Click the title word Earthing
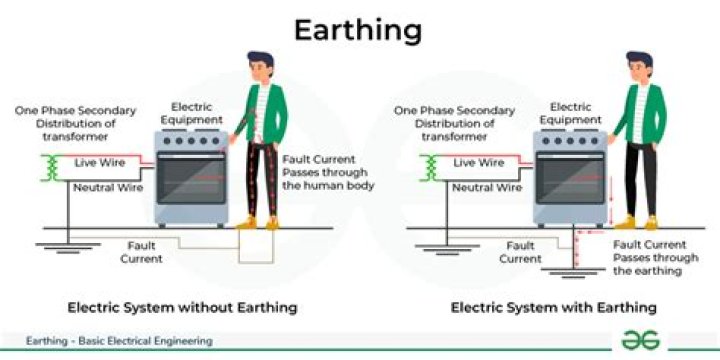[357, 30]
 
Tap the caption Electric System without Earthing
[182, 307]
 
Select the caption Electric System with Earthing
[553, 307]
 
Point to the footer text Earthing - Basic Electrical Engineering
[120, 341]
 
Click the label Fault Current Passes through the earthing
[647, 258]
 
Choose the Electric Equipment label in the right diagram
[568, 112]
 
